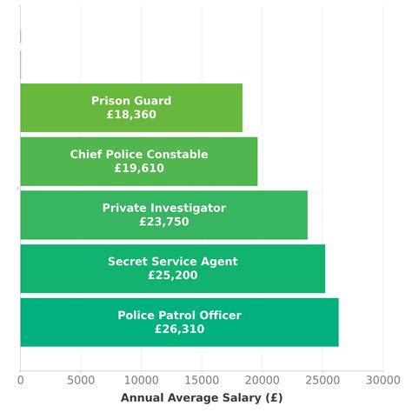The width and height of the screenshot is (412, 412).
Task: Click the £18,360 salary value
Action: [131, 115]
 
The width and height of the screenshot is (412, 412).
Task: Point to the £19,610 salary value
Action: [139, 169]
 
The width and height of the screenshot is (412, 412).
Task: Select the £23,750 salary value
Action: [163, 222]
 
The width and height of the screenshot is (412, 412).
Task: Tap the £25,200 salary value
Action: [172, 276]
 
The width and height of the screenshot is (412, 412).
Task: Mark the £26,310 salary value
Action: [179, 329]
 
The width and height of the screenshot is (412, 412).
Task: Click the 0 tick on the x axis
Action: [20, 380]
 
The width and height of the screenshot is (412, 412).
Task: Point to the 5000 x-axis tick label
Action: [80, 380]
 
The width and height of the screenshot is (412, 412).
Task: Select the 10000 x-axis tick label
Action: [141, 380]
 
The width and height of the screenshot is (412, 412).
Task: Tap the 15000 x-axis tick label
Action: [202, 380]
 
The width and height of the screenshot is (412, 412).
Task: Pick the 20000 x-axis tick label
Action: [262, 380]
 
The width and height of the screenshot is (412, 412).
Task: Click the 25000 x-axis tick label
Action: [322, 380]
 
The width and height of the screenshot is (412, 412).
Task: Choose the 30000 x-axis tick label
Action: [382, 380]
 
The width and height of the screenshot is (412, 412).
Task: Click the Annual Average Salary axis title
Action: [202, 398]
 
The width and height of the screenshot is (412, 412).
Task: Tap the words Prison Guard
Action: [131, 101]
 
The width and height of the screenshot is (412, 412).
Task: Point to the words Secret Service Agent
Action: [172, 262]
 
